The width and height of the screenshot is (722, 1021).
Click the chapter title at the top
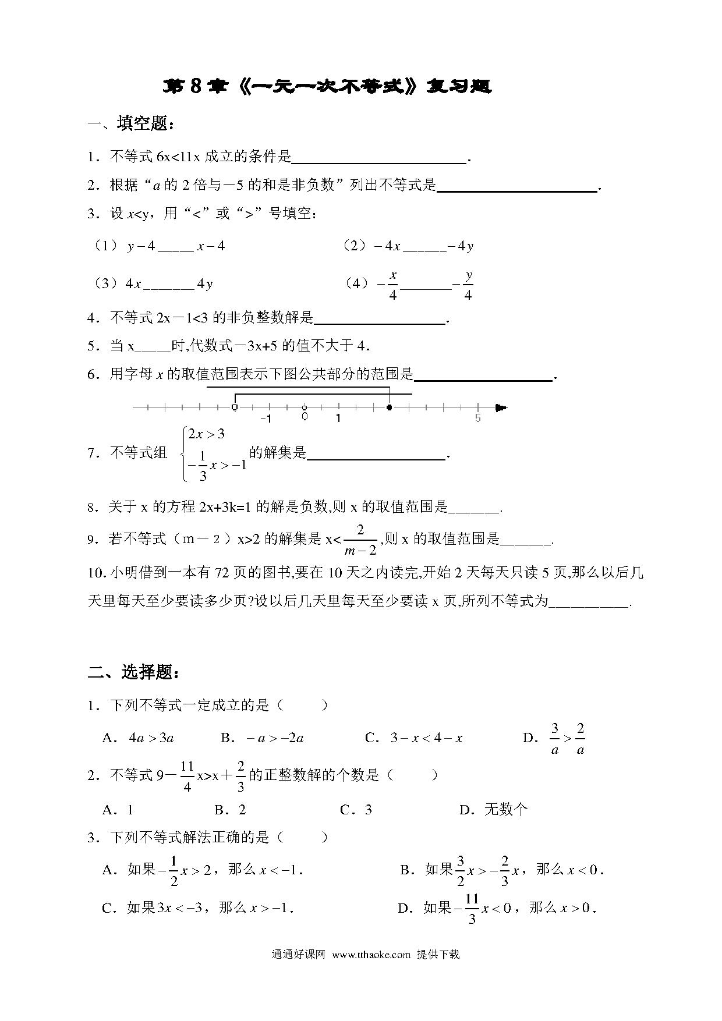327,86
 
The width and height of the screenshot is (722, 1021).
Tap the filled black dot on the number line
389,407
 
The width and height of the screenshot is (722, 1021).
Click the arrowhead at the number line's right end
501,407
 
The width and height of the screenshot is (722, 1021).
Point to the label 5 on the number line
477,418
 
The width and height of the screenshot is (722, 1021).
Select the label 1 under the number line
338,418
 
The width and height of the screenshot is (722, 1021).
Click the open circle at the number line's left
234,407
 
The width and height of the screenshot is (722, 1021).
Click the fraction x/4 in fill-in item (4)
393,285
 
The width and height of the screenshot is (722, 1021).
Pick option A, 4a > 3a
151,738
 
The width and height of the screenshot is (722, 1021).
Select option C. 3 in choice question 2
356,809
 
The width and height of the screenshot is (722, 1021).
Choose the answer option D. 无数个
494,809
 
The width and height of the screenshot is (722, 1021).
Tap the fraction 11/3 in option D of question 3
472,908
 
